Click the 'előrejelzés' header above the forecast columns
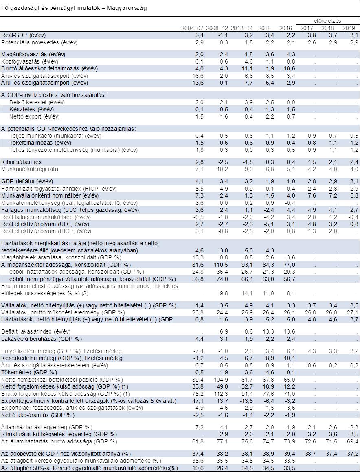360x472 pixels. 327,20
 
